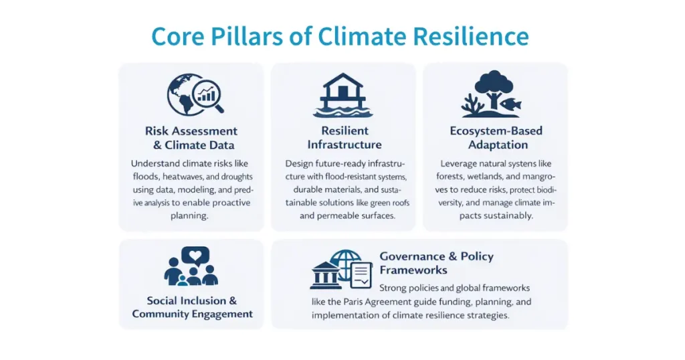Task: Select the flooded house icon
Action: click(342, 96)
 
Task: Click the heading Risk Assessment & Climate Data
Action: click(191, 138)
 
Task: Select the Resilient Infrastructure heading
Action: click(344, 137)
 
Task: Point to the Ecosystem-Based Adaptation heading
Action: click(496, 137)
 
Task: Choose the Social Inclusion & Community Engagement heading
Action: click(192, 307)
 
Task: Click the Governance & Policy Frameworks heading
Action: click(436, 263)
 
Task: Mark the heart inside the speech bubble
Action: click(195, 254)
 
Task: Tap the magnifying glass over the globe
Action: click(208, 96)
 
